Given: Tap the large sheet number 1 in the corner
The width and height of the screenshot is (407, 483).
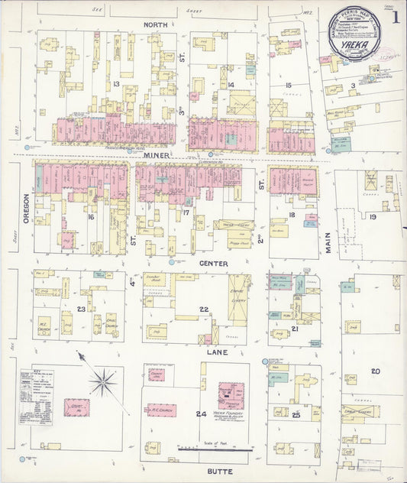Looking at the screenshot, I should pos(396,17).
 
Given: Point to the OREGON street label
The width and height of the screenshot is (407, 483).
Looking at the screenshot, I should pos(25,207).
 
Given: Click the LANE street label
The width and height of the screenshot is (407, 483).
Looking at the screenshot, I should pos(215,353).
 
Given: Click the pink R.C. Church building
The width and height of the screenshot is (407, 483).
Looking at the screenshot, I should pos(161,410).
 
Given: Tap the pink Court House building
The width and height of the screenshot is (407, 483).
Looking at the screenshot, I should pos(76,407).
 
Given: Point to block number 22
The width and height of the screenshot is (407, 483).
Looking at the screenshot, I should pos(205,309).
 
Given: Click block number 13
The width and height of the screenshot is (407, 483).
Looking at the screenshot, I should pos(116,83).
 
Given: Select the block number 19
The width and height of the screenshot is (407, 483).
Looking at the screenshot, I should pos(373,217).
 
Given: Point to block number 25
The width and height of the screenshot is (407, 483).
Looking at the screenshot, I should pos(295,414).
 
